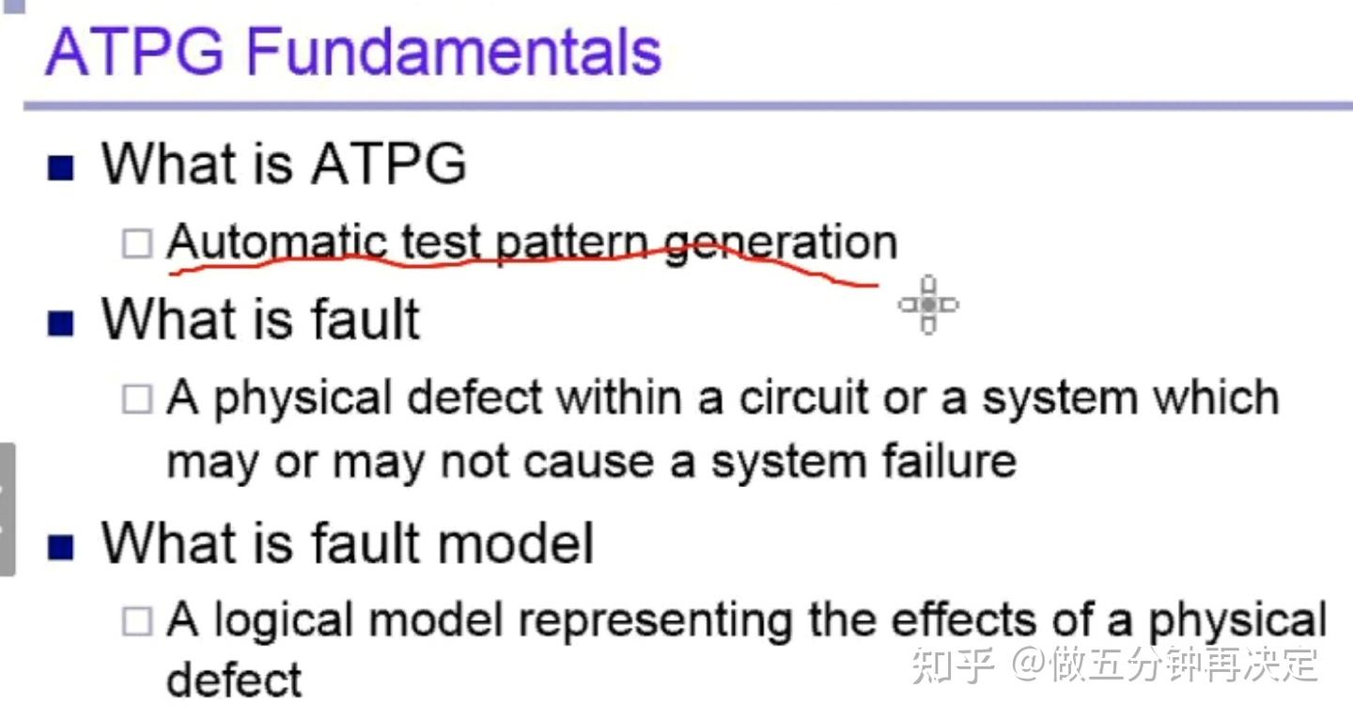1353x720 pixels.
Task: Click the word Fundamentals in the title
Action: click(454, 52)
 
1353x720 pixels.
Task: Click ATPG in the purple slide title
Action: click(134, 52)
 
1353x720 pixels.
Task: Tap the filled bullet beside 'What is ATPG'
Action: click(60, 168)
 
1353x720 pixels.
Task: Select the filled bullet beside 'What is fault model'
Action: click(60, 547)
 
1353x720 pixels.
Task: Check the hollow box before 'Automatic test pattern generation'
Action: click(137, 243)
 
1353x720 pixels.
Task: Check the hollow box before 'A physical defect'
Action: click(137, 399)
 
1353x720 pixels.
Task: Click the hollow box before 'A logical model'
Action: click(137, 621)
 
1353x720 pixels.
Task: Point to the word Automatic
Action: click(277, 242)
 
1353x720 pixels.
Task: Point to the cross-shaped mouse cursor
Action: click(928, 305)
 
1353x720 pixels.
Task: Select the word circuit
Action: click(804, 398)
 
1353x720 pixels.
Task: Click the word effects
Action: click(964, 619)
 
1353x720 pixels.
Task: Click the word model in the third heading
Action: click(516, 543)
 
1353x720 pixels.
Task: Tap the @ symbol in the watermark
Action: click(1029, 664)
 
